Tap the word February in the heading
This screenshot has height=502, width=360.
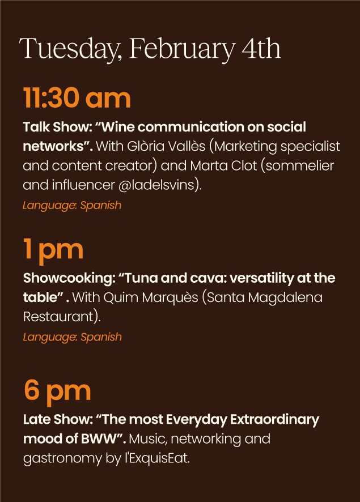181,49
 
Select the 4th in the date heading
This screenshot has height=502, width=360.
261,48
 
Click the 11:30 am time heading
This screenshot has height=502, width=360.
77,98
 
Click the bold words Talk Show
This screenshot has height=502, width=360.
58,127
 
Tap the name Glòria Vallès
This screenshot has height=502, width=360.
166,146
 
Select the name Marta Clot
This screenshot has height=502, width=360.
223,165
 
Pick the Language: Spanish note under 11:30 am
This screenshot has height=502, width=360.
72,205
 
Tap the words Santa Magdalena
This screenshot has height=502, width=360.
265,297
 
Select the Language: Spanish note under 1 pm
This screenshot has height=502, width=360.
73,337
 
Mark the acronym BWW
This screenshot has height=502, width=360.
98,439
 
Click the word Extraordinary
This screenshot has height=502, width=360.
274,420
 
